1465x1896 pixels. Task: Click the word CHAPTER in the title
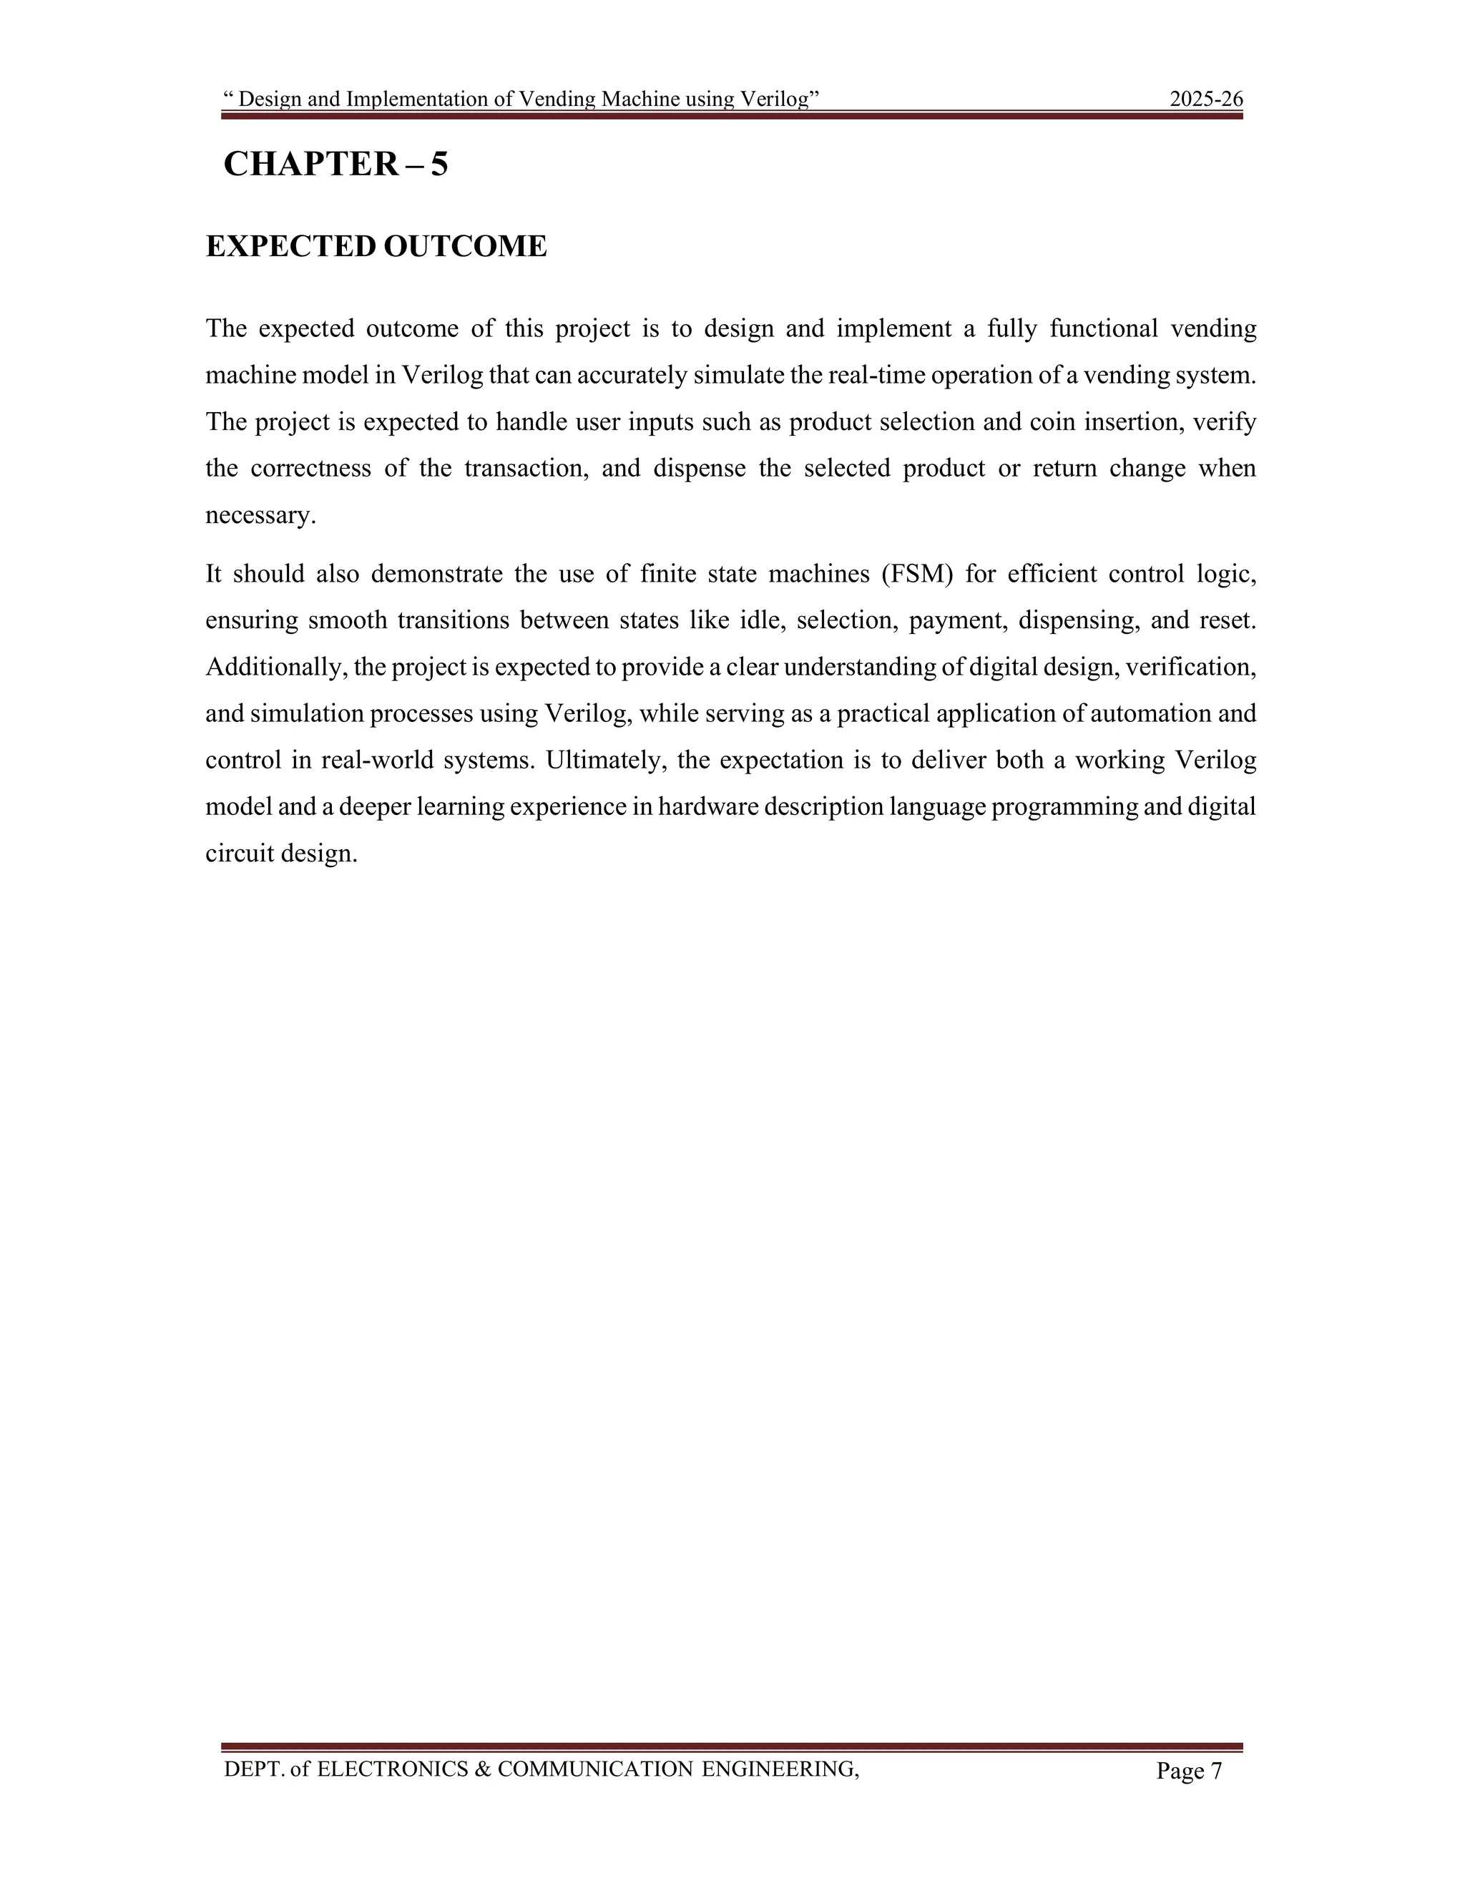tap(310, 164)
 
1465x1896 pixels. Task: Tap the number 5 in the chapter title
tap(439, 164)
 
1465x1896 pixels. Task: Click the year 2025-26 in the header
tap(1205, 99)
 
